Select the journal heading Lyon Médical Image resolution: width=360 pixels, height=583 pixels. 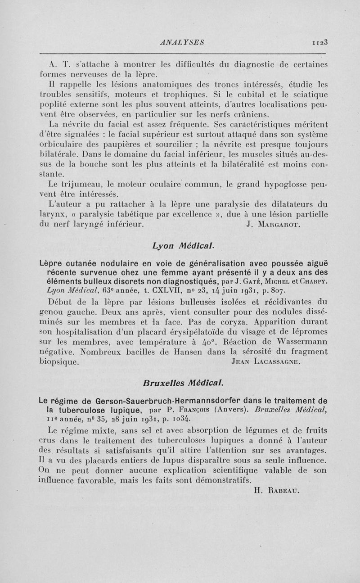(x=180, y=246)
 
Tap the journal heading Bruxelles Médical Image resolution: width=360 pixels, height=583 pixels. (x=180, y=382)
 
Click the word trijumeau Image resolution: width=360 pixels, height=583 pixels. (x=72, y=184)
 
